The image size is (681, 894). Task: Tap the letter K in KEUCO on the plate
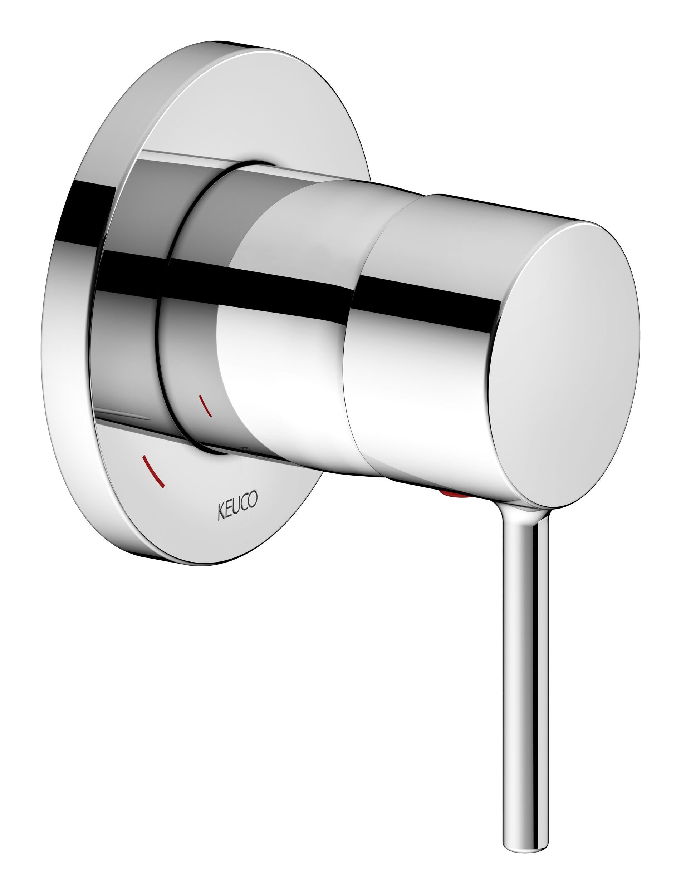click(x=221, y=512)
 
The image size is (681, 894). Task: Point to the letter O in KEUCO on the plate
click(x=252, y=499)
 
